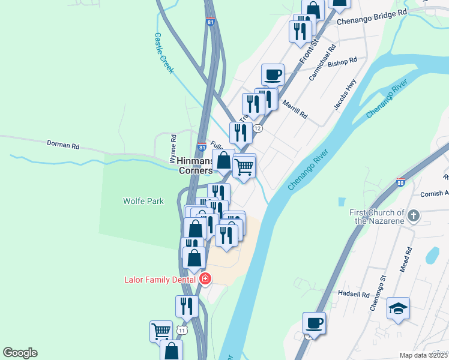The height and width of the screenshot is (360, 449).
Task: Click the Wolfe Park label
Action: (143, 202)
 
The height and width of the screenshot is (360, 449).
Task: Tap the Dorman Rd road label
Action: (63, 145)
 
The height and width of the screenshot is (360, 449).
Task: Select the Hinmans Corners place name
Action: (195, 166)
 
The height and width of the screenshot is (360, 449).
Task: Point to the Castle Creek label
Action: (163, 53)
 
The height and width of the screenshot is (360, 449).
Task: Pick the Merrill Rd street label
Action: (295, 109)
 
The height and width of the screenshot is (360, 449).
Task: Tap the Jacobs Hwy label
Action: (345, 97)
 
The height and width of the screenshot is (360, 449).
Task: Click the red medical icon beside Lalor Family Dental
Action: (205, 279)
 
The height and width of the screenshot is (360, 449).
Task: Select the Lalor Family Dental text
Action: (160, 280)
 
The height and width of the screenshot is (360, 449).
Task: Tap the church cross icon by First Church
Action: (413, 216)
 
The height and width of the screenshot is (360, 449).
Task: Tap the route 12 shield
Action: (258, 128)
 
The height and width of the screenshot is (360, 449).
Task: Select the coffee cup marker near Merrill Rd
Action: (273, 75)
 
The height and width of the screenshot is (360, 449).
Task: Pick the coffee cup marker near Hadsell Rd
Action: (314, 323)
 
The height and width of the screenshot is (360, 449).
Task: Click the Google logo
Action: (20, 353)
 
